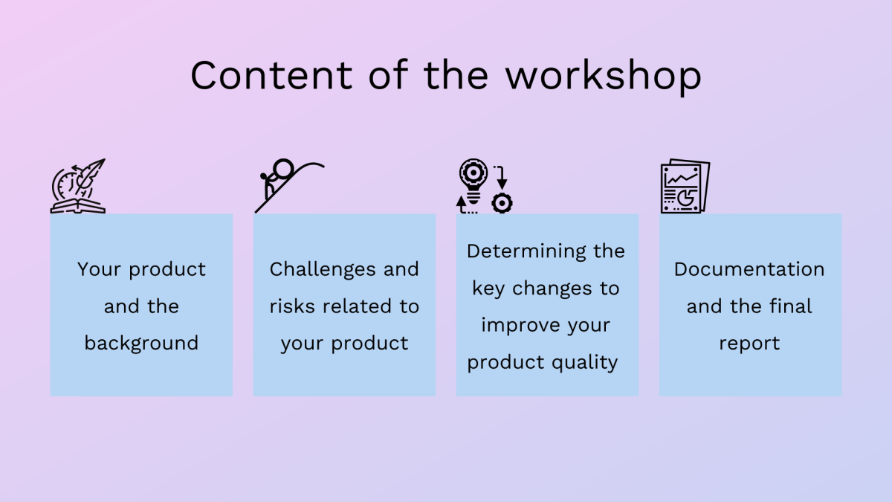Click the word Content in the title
coord(271,75)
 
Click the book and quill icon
coord(78,186)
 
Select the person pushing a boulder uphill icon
coord(289,186)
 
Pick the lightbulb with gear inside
coord(473,181)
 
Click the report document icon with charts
coord(685,186)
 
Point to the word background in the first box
coord(141,344)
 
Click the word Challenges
coord(323,270)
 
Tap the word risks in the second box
coord(292,306)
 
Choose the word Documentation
coord(749,269)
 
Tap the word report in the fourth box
coord(749,344)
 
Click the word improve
coord(520,326)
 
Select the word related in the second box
coord(357,306)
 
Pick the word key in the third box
coord(488,289)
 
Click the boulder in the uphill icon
coord(283,169)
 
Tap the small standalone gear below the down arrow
coord(502,203)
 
